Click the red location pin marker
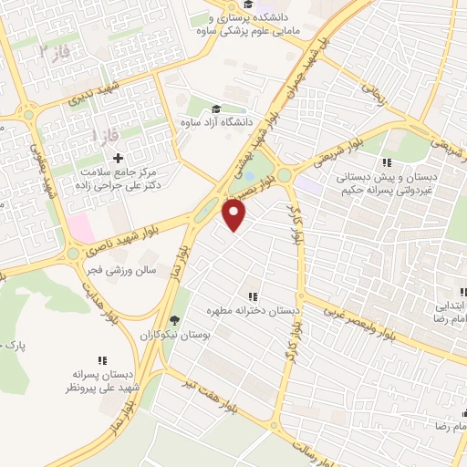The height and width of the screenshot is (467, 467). (235, 215)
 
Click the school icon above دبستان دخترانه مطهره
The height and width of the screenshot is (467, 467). (253, 296)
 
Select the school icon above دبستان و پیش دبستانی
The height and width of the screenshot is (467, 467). (387, 161)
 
